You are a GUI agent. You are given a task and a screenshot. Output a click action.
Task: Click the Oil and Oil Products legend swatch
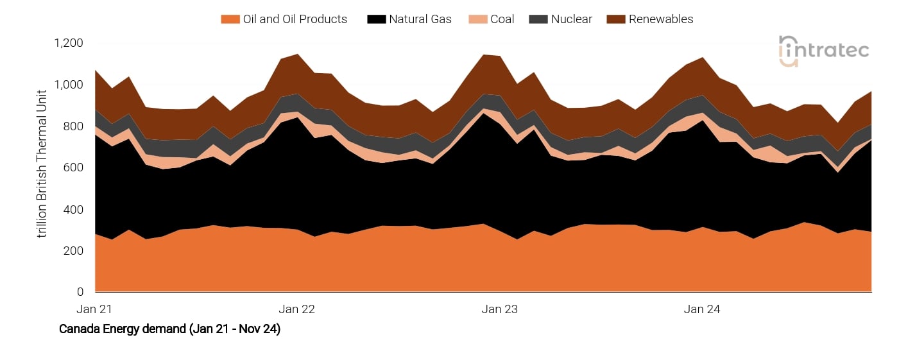point(230,19)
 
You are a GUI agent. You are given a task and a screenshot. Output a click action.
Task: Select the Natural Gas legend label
point(420,19)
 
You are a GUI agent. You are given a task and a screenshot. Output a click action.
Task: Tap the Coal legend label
point(502,19)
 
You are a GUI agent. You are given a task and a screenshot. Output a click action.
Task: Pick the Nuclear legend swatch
point(537,19)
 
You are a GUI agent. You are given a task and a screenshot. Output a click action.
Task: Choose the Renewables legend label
point(661,19)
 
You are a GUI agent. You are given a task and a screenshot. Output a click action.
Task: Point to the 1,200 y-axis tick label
point(69,43)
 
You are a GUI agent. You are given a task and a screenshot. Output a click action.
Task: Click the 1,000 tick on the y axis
point(69,85)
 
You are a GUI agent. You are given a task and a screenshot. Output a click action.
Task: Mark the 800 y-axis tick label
point(74,126)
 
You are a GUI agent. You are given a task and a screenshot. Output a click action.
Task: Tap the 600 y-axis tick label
point(74,167)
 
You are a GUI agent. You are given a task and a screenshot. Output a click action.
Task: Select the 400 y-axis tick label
point(74,209)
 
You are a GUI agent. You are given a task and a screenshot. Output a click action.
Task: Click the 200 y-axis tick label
point(74,250)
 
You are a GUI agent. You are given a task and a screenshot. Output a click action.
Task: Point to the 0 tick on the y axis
point(80,292)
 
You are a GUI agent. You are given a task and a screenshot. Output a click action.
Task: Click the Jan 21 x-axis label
point(94,309)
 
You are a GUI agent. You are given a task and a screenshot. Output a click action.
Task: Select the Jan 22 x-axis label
point(297,309)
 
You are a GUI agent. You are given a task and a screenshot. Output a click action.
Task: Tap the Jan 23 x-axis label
point(500,309)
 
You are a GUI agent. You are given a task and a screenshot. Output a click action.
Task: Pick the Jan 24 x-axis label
point(702,309)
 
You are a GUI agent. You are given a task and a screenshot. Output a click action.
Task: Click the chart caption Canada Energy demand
point(169,329)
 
